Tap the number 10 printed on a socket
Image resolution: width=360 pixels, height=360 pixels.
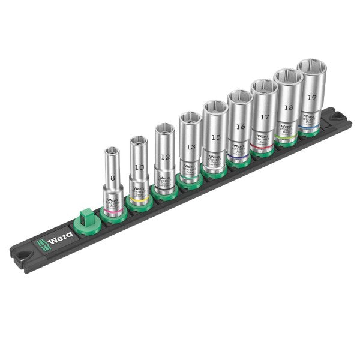(139, 167)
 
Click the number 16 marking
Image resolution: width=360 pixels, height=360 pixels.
(240, 127)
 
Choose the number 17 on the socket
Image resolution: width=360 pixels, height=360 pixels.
(265, 118)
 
